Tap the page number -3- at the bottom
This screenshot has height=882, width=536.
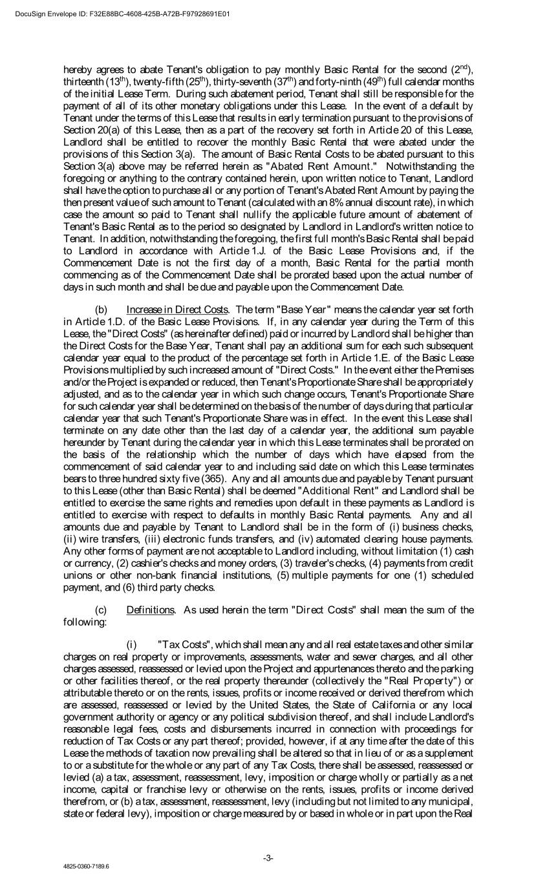coord(268,857)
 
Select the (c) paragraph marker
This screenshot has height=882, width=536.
coord(101,609)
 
